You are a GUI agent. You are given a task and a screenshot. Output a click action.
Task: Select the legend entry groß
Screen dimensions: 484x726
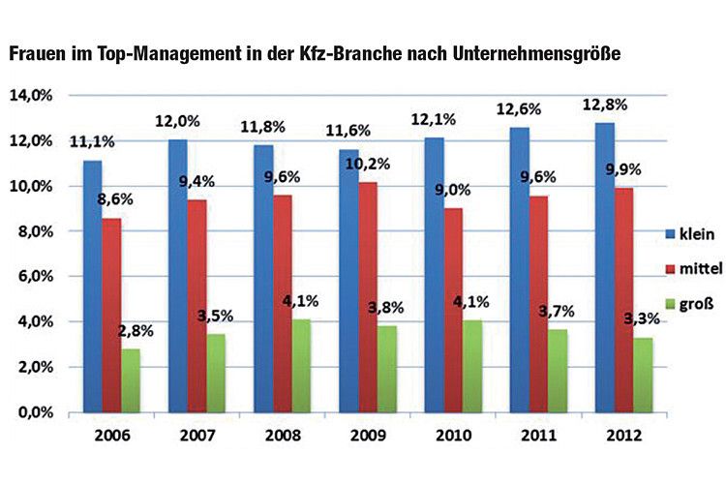681,303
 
